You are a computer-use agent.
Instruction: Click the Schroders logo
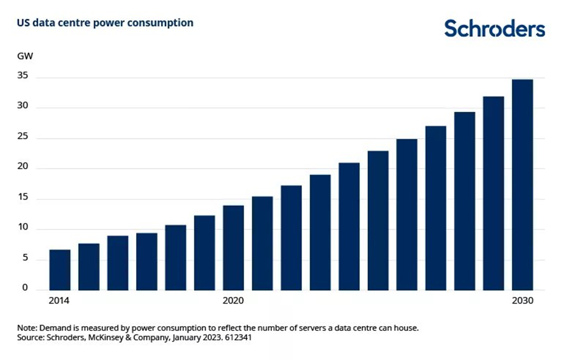pos(494,29)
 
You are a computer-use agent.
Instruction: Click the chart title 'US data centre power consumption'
pos(105,23)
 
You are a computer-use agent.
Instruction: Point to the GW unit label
pos(25,55)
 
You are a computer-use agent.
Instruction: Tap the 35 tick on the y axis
pos(24,77)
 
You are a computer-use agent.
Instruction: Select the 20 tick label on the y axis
pos(24,168)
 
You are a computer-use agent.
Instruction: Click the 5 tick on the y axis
pos(25,259)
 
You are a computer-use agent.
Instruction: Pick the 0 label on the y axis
pos(25,288)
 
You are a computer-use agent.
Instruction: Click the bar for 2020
pos(233,247)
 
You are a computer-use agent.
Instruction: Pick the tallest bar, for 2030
pos(523,184)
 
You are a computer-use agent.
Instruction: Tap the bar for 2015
pos(88,267)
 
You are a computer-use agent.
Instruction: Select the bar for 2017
pos(146,261)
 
